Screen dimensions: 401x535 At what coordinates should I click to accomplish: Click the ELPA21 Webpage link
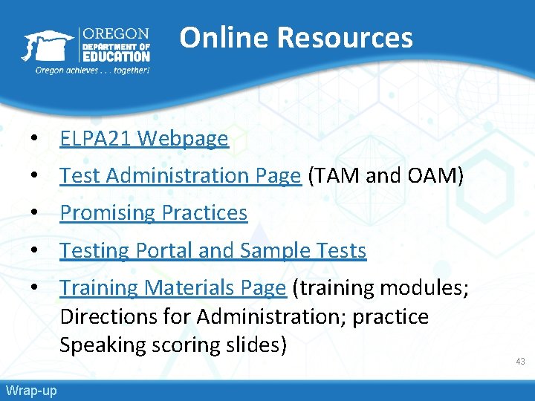[144, 139]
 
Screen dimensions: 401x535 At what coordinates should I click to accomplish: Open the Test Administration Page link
[181, 176]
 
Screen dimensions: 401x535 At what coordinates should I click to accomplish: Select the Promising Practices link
[153, 213]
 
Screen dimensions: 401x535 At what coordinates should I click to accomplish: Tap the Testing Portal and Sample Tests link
[213, 251]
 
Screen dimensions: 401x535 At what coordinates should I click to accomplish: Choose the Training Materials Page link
[172, 287]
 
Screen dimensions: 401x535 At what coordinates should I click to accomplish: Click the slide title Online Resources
[296, 37]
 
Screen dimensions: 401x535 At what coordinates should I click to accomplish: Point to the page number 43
[520, 362]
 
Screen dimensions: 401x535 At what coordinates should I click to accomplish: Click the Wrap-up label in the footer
[30, 391]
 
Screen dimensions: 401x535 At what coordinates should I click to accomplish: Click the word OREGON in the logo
[115, 34]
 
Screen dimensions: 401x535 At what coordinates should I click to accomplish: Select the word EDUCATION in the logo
[116, 56]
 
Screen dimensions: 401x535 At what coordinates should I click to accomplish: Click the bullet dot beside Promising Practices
[34, 214]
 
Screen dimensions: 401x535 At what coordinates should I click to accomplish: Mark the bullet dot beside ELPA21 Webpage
[34, 140]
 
